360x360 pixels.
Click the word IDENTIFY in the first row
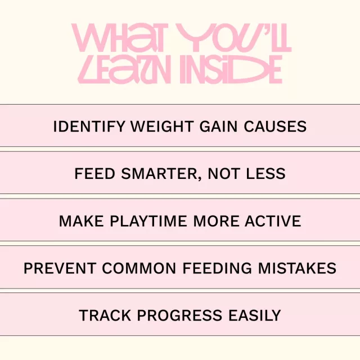(89, 127)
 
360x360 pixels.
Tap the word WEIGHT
(162, 127)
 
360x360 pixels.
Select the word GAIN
(218, 127)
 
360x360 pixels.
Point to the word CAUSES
(275, 127)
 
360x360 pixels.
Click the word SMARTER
(159, 174)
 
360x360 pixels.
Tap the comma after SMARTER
(200, 179)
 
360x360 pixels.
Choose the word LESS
(265, 174)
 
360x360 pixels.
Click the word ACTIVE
(273, 221)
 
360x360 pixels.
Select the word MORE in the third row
(216, 221)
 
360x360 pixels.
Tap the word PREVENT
(60, 268)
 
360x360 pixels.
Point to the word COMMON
(139, 268)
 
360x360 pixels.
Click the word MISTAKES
(297, 268)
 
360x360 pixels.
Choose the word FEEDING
(217, 268)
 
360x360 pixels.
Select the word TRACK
(105, 315)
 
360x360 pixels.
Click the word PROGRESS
(179, 315)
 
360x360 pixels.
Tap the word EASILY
(255, 315)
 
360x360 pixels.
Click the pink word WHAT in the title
(118, 38)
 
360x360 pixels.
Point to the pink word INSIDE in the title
(231, 69)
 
